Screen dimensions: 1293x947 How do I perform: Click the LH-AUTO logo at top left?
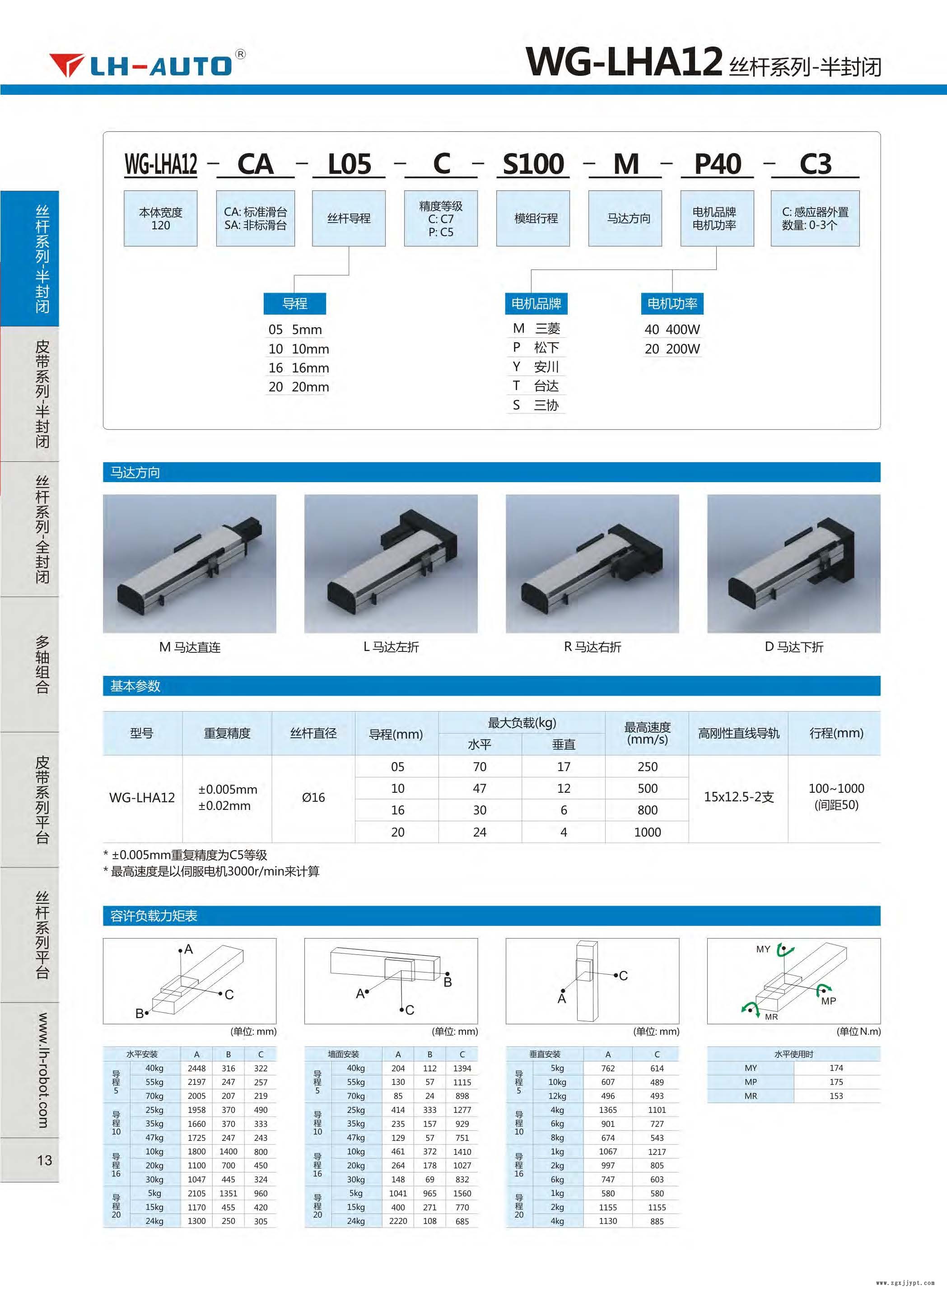[147, 65]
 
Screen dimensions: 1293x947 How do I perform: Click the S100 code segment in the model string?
[533, 164]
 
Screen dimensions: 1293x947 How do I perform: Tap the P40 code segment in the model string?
[717, 164]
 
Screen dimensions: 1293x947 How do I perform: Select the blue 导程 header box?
[294, 304]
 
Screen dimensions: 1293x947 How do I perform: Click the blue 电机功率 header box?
[672, 304]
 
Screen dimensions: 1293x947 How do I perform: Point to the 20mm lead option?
[299, 387]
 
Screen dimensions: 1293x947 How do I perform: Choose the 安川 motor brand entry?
[536, 367]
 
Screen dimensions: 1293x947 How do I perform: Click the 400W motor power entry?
[672, 330]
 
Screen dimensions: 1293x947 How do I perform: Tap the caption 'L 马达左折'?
[391, 647]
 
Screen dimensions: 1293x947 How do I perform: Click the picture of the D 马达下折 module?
[793, 564]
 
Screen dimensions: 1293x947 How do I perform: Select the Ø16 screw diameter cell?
[313, 797]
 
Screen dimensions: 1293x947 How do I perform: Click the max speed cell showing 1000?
[647, 832]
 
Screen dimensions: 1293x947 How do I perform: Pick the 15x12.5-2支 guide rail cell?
[738, 797]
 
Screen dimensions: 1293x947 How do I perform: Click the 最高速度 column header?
[647, 733]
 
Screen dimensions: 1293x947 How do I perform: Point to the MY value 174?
[836, 1068]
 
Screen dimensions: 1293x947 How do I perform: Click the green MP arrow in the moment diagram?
[824, 989]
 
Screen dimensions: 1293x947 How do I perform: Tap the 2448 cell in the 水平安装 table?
[196, 1068]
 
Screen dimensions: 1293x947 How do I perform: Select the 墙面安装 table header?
[343, 1054]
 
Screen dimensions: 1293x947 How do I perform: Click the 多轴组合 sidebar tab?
[42, 664]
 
